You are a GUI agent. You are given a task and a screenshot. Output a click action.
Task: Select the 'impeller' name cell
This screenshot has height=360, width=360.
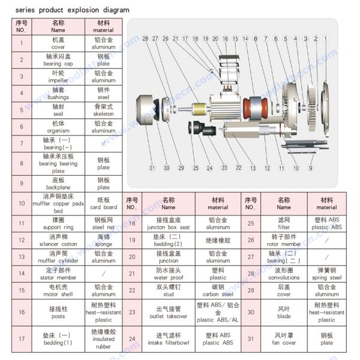point(58,76)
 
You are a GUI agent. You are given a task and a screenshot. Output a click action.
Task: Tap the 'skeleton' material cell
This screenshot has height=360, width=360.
point(103,110)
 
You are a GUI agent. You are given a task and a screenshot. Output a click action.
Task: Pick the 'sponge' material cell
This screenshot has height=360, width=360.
point(103,240)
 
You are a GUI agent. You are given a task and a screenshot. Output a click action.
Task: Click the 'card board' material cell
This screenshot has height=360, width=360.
point(103,203)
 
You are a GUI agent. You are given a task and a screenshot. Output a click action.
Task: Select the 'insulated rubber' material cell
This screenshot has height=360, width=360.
point(103,338)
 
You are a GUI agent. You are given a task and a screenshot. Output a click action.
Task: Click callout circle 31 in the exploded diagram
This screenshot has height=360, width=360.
point(152,168)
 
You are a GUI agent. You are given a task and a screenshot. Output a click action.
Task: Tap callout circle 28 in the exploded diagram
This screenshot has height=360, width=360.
point(145,38)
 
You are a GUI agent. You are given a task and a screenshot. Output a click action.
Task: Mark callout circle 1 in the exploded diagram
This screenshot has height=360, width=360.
point(326,38)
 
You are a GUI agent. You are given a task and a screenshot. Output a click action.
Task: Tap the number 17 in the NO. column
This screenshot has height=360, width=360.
point(22,338)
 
